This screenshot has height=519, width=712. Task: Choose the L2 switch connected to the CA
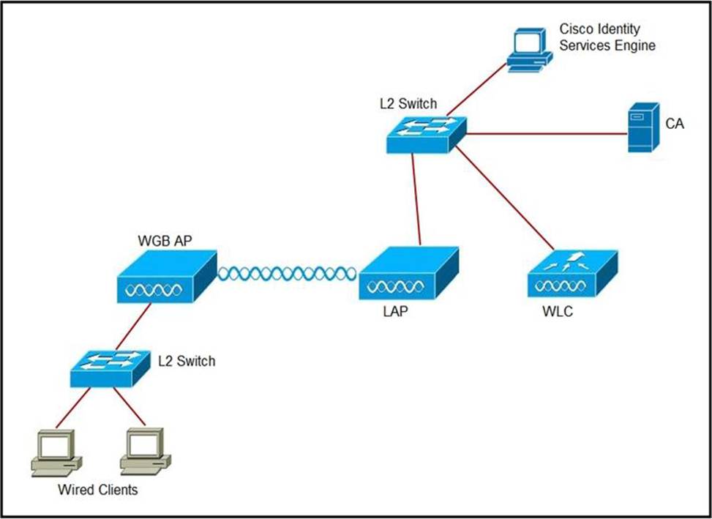[x=425, y=133]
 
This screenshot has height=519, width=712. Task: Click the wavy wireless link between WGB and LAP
[x=287, y=274]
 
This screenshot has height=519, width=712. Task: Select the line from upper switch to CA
[x=545, y=134]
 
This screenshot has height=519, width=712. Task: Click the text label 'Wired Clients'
[x=97, y=490]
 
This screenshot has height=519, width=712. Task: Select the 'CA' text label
[x=674, y=124]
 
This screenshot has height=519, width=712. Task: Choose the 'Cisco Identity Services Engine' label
[x=607, y=37]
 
